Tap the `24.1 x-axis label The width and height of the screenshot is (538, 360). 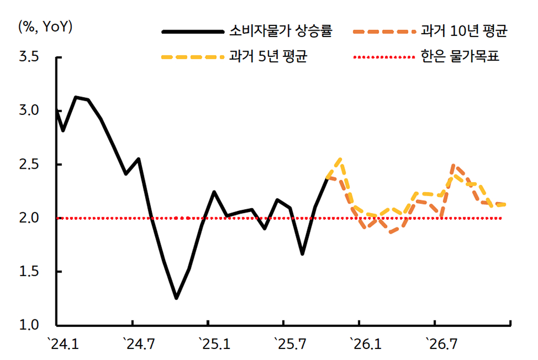(63, 345)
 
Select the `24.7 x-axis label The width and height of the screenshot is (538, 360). (138, 345)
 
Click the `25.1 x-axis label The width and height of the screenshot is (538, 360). (214, 345)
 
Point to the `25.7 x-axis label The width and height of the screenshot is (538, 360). (290, 345)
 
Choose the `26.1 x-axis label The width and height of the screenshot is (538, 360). (365, 345)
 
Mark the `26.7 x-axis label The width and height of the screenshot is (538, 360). (440, 345)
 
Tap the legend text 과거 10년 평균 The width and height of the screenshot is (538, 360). (464, 31)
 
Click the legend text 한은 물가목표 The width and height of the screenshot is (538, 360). (460, 56)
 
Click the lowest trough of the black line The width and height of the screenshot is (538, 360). (176, 298)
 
